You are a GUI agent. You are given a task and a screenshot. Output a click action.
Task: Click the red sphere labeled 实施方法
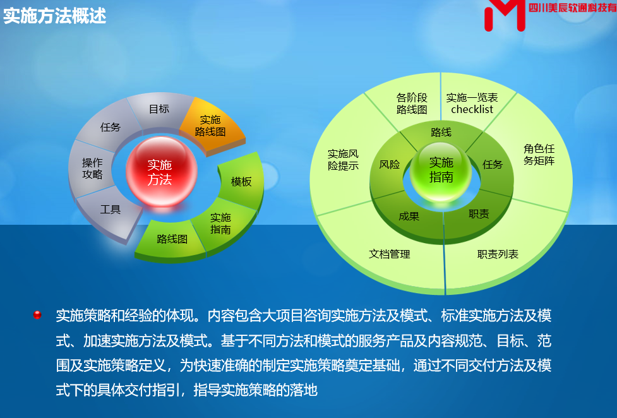pos(161,172)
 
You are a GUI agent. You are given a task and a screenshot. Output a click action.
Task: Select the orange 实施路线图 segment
pos(212,126)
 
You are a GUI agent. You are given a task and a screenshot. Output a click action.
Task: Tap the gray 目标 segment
pos(159,110)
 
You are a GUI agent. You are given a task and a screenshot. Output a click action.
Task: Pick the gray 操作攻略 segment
pos(92,169)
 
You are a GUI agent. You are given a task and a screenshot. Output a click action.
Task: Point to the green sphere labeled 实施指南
pos(441,172)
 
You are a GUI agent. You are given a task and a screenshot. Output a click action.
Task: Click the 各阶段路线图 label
pos(412,104)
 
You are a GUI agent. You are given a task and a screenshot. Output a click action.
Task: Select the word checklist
pos(472,109)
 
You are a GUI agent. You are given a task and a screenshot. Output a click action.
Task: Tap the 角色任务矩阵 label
pos(539,155)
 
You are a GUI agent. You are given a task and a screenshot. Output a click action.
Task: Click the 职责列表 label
pos(498,254)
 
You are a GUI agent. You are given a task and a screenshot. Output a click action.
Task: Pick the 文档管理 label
pos(389,254)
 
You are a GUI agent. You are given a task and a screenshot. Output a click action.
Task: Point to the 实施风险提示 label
pos(343,160)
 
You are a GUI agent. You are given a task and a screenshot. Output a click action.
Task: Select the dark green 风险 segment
pos(390,165)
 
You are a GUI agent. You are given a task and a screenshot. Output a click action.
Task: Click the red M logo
pos(505,15)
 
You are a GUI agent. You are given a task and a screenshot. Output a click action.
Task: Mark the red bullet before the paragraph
pos(37,315)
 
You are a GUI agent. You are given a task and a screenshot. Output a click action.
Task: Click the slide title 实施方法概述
pos(55,16)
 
